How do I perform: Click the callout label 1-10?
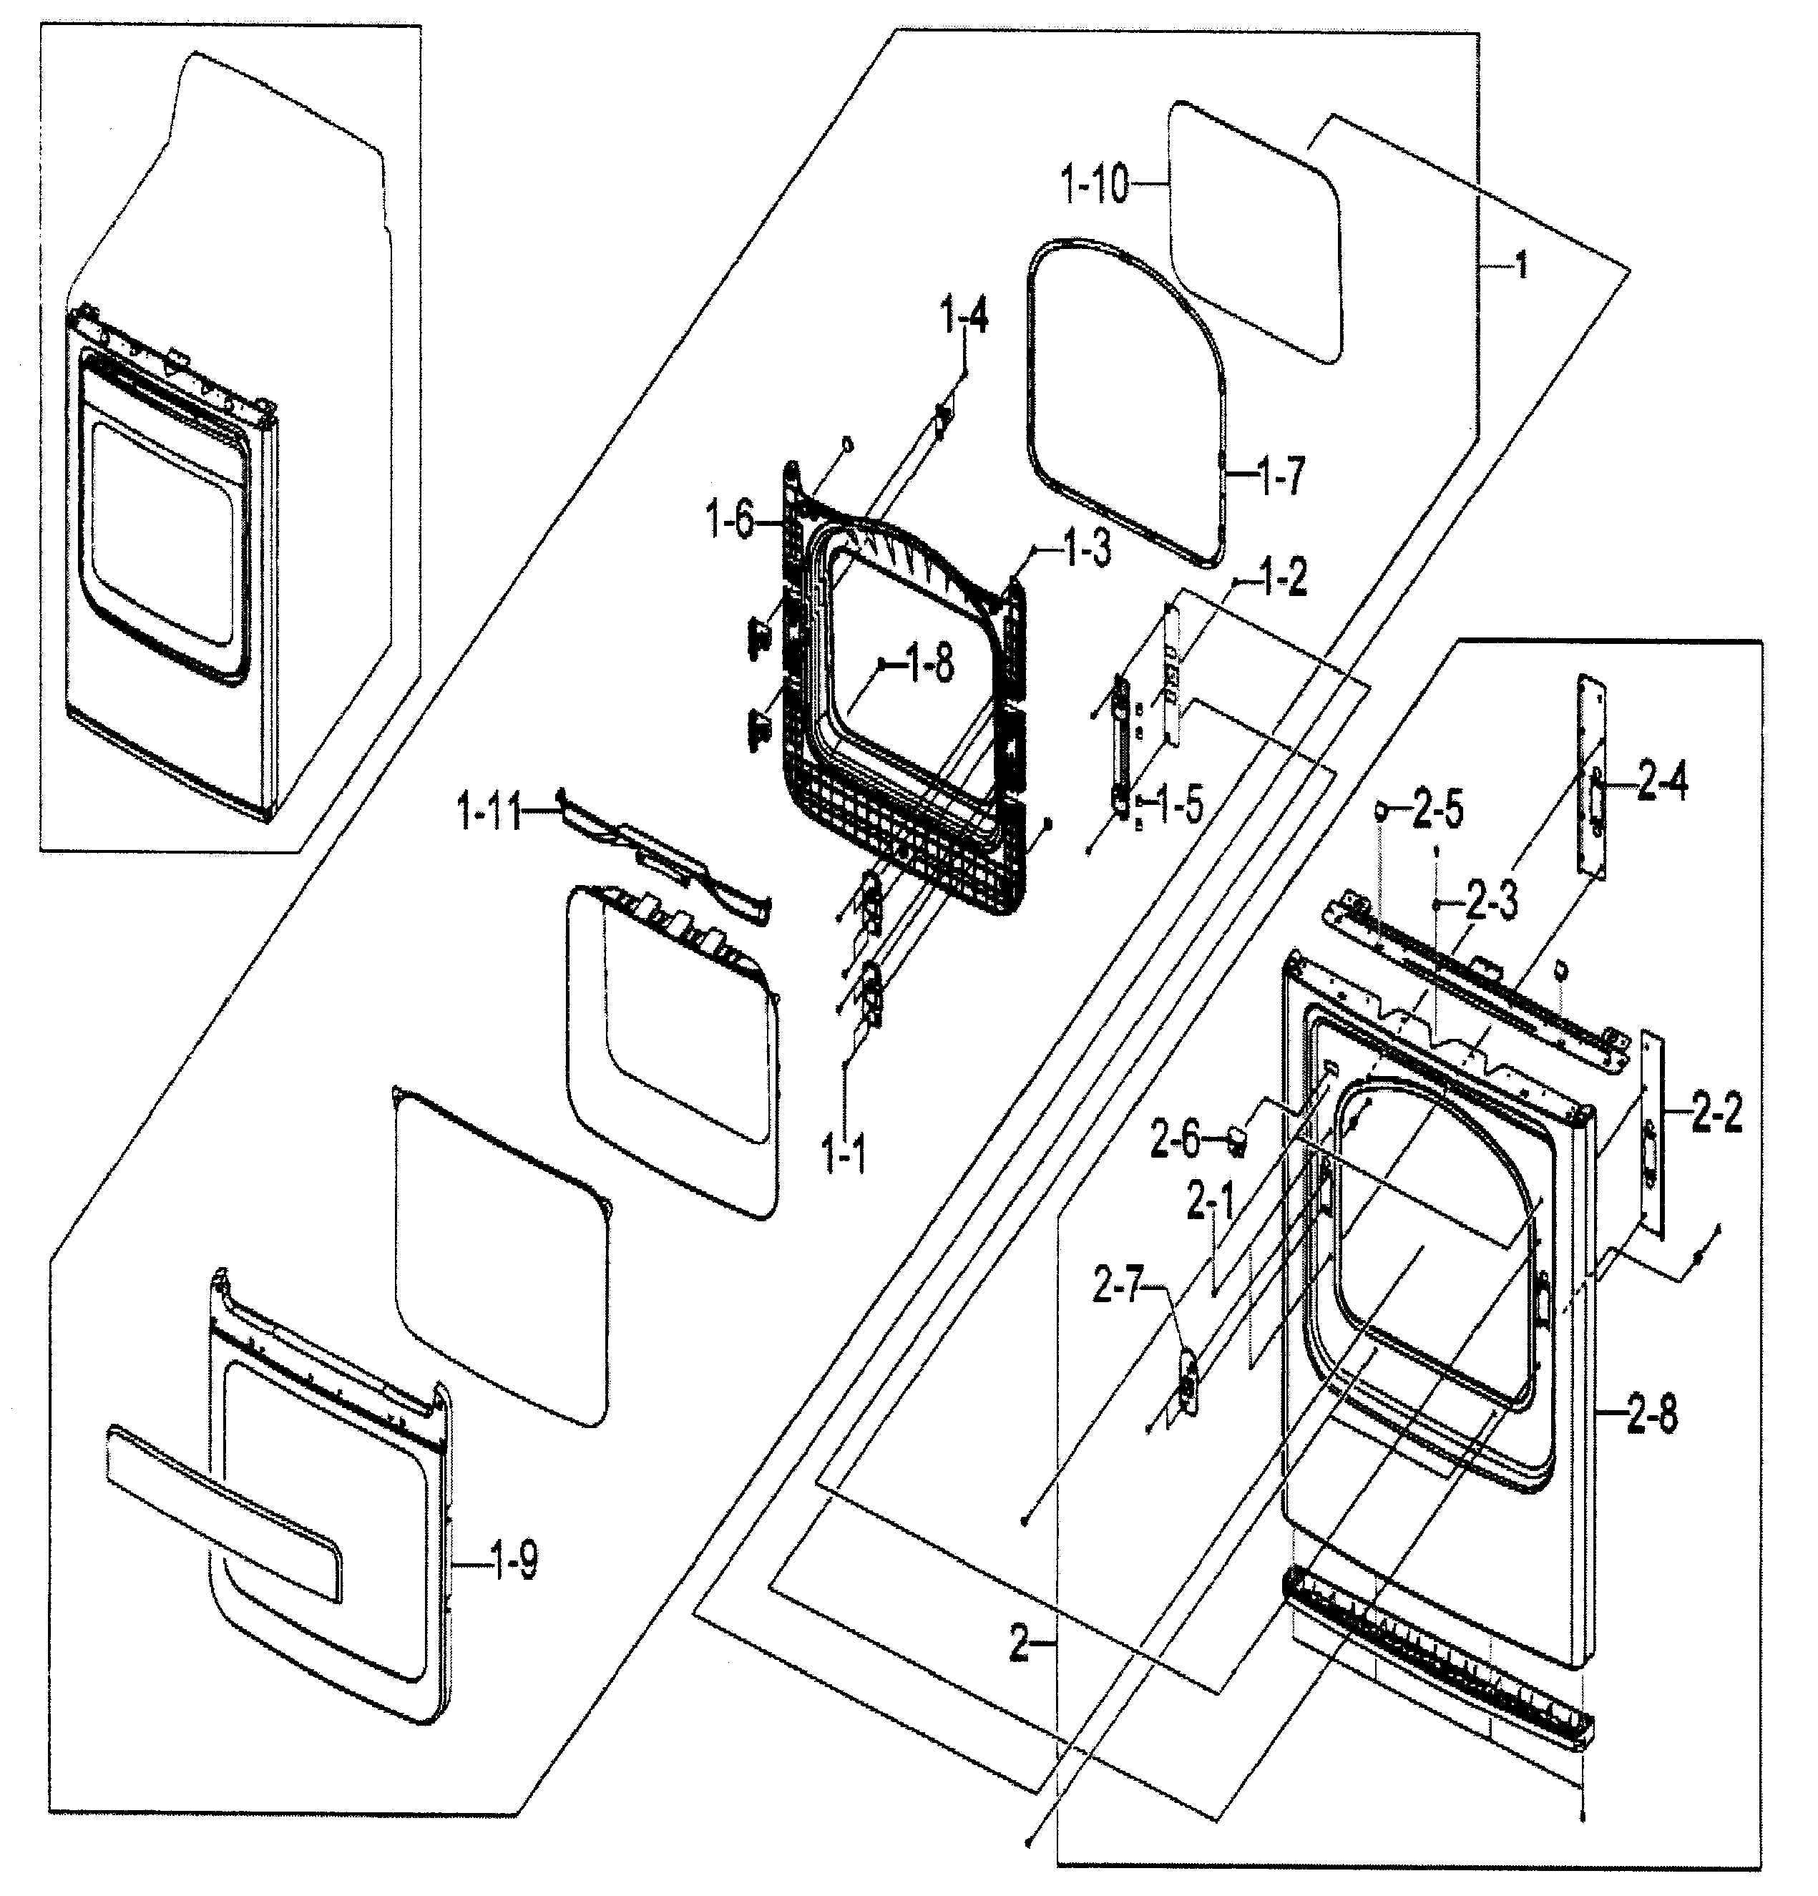[x=1095, y=184]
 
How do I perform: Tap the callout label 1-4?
[x=964, y=317]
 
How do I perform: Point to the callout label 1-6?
[x=730, y=522]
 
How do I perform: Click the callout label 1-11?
[x=489, y=811]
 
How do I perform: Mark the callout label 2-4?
[x=1662, y=781]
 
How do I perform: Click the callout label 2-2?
[x=1716, y=1115]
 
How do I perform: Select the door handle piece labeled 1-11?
[x=668, y=853]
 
